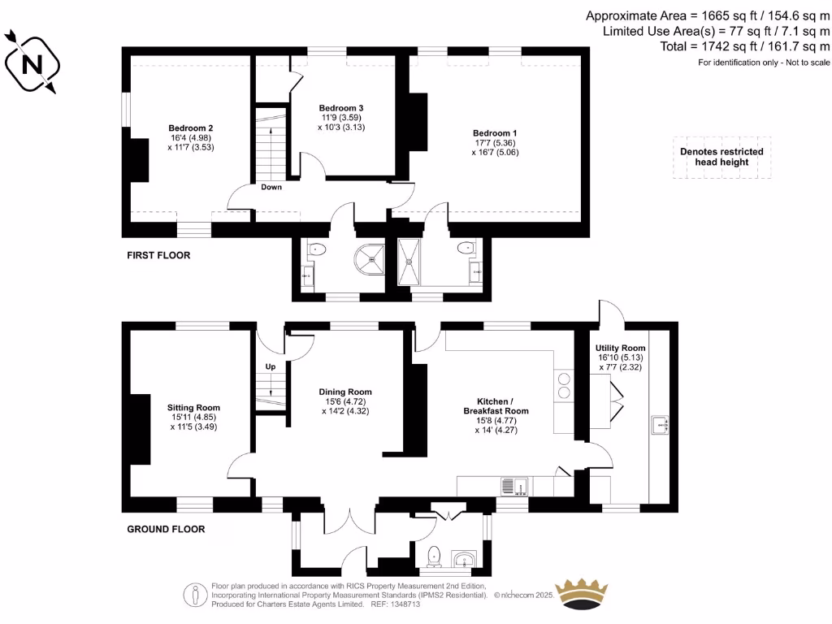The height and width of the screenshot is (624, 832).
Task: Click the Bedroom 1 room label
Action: [x=495, y=132]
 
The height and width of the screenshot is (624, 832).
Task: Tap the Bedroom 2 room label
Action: [x=191, y=128]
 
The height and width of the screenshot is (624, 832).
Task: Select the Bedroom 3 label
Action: [x=340, y=108]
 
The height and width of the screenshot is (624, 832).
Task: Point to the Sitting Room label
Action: [x=194, y=408]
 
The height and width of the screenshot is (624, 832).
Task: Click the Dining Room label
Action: [x=345, y=392]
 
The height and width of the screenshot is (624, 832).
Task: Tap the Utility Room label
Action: [x=621, y=348]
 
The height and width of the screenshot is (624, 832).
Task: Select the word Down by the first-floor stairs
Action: [x=271, y=188]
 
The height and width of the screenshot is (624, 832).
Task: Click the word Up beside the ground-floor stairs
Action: [x=271, y=366]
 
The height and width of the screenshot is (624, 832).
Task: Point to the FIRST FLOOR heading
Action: [x=158, y=255]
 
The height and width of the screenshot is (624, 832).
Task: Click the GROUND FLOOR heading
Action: [x=166, y=529]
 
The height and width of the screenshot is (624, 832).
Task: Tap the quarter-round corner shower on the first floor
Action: [x=370, y=258]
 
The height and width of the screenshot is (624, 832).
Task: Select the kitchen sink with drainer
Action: [x=514, y=486]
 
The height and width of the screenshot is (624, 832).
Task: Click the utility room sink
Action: [x=660, y=425]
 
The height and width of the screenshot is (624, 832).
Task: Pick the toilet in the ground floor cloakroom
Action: [x=434, y=556]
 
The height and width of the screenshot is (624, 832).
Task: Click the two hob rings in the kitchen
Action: [x=562, y=384]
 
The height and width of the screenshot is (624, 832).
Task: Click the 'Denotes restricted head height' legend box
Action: [x=721, y=157]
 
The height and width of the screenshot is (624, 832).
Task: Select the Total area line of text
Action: [x=745, y=47]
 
